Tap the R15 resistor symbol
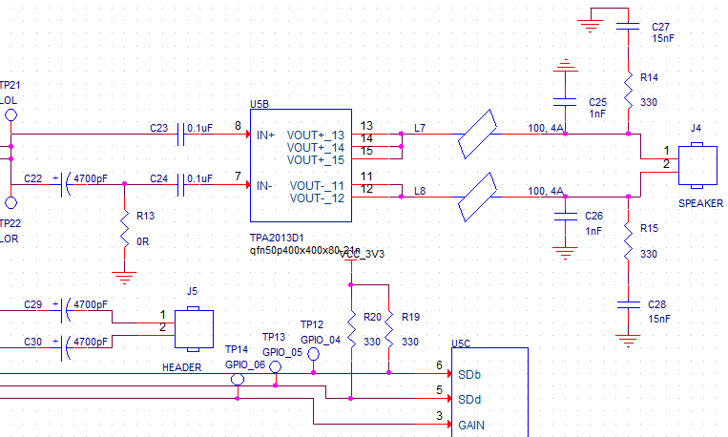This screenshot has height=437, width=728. pyautogui.click(x=628, y=242)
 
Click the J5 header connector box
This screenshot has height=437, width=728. pyautogui.click(x=193, y=327)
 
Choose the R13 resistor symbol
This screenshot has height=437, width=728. pyautogui.click(x=124, y=230)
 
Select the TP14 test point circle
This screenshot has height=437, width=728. pyautogui.click(x=238, y=379)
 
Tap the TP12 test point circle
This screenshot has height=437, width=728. pyautogui.click(x=312, y=353)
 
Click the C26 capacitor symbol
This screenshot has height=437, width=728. pyautogui.click(x=566, y=216)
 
